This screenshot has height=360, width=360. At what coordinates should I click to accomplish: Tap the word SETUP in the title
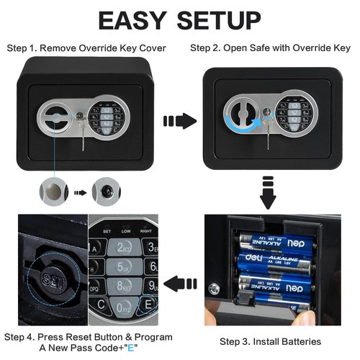click(x=219, y=20)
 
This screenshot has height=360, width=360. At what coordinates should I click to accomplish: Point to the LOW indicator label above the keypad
click(x=126, y=231)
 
